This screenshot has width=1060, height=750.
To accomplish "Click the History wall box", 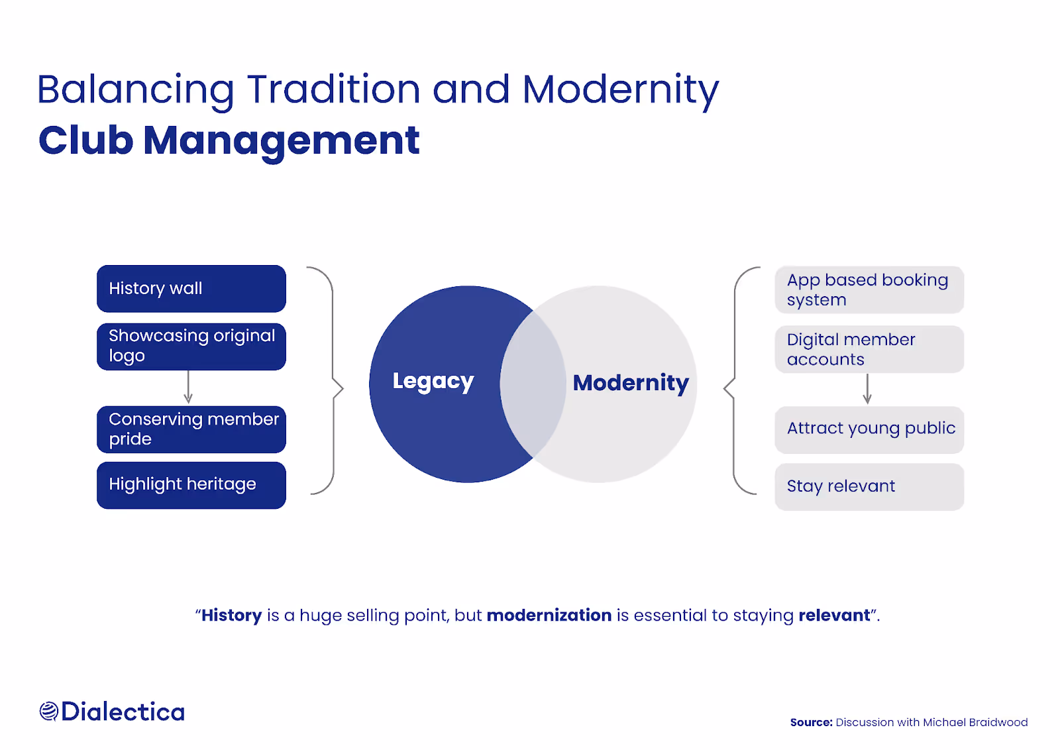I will click(191, 289).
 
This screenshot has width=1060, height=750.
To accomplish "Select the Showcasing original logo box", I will click(191, 347).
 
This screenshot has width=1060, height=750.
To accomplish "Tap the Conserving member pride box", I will click(191, 429).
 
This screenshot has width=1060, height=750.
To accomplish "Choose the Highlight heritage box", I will click(191, 485).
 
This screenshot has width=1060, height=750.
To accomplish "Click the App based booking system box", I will click(869, 290).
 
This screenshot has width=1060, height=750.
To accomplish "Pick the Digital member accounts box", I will click(869, 349).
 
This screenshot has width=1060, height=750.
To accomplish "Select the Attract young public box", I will click(869, 429).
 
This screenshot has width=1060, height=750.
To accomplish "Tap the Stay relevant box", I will click(869, 486).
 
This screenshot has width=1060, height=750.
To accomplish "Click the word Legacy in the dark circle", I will click(433, 381).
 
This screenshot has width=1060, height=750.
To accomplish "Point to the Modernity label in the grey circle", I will click(630, 383).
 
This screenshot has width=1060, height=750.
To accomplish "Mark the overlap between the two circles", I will click(533, 384).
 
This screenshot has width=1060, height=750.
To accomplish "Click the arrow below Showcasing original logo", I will click(188, 388).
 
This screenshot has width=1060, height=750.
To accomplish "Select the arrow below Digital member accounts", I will click(867, 390).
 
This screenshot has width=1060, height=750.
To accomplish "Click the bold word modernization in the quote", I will click(549, 616).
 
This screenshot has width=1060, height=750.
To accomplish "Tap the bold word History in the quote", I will click(231, 616).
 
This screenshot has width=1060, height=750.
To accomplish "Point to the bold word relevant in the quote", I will click(833, 616).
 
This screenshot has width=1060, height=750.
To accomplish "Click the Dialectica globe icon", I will click(48, 712).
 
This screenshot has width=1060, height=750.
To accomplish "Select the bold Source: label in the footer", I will click(811, 722).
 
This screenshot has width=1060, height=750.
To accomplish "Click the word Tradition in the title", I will click(333, 89).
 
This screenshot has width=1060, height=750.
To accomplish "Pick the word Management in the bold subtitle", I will click(281, 140).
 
